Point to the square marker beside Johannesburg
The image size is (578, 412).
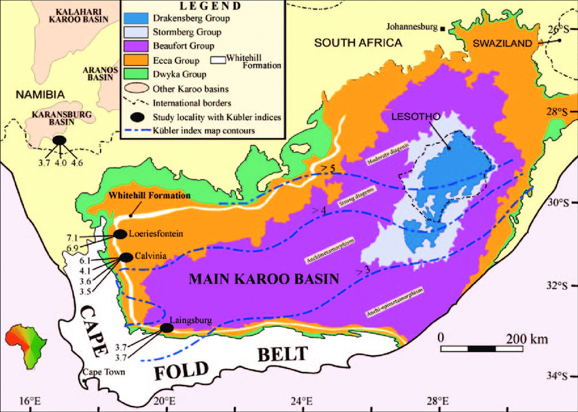click(x=443, y=29)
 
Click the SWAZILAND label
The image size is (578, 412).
click(x=502, y=43)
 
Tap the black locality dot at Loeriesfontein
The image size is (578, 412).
click(x=120, y=234)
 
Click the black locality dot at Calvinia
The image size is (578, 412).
click(x=126, y=257)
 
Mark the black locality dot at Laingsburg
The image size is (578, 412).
click(x=166, y=328)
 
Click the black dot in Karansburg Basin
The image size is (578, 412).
click(x=60, y=140)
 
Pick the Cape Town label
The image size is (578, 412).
click(x=101, y=373)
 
